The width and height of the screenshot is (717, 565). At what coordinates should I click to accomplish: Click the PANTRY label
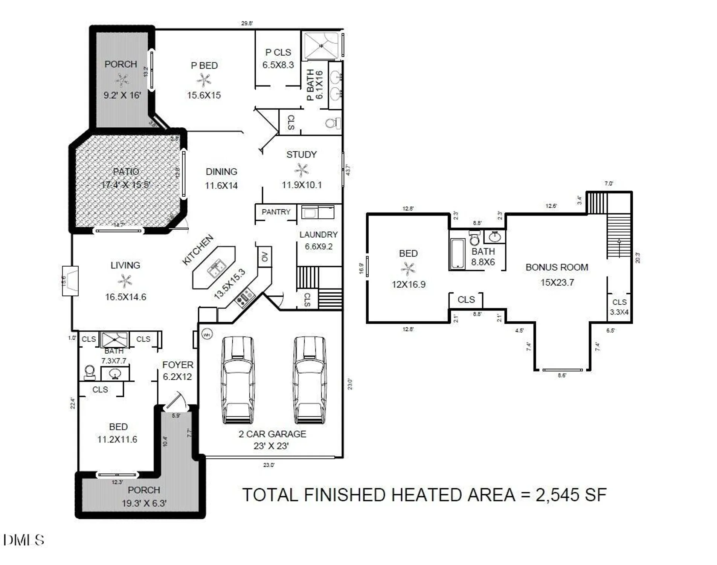[x=276, y=212]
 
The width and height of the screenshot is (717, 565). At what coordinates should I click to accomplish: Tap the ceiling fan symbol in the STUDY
[x=301, y=170]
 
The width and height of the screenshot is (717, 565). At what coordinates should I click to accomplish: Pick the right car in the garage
[x=310, y=380]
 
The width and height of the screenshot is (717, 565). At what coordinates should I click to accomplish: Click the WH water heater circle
[x=207, y=334]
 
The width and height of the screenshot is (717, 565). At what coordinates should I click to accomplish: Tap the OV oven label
[x=265, y=257]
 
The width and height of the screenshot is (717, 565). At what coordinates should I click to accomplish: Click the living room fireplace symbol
[x=71, y=281]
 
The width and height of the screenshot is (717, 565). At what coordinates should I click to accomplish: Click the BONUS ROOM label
[x=557, y=267]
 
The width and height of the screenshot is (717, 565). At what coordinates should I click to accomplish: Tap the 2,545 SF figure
[x=571, y=495]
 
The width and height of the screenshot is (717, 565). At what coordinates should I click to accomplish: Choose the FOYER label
[x=178, y=365]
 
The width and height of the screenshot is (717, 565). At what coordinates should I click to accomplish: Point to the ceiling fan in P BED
[x=204, y=80]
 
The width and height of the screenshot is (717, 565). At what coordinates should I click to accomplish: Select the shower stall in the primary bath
[x=321, y=46]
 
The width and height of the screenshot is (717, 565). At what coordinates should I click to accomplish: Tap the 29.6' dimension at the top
[x=247, y=23]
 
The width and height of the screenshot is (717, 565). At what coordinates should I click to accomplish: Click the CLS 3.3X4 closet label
[x=619, y=307]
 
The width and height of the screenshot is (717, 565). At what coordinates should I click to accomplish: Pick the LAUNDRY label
[x=318, y=235]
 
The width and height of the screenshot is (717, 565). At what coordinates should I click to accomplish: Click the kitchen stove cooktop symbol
[x=245, y=297]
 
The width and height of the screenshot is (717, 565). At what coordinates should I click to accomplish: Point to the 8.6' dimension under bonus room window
[x=561, y=376]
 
